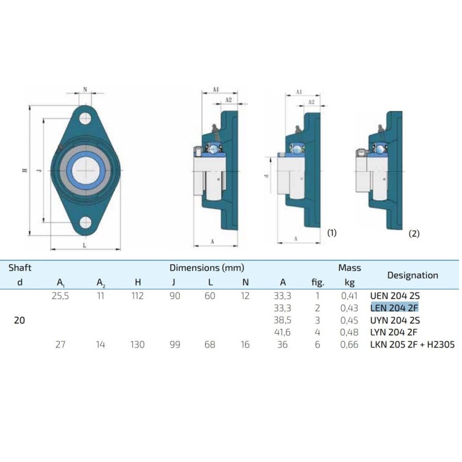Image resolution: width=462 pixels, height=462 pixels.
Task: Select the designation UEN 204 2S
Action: [x=395, y=296]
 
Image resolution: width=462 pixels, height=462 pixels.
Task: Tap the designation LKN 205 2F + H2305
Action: [x=412, y=345]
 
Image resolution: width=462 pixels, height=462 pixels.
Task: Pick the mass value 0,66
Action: [x=349, y=345]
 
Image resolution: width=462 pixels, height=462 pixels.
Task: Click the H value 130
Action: [x=137, y=345]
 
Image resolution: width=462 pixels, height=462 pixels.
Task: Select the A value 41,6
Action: [x=282, y=333]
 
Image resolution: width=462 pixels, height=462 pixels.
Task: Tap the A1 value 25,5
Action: [x=61, y=296]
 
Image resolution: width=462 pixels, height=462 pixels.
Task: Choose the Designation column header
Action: [x=412, y=275]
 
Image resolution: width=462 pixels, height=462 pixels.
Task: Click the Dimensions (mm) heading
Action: [x=207, y=268]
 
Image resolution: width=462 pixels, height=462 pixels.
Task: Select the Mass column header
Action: [x=349, y=268]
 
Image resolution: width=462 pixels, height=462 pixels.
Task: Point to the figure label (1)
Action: [x=332, y=233]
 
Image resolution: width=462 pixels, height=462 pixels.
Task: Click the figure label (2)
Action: [x=414, y=233]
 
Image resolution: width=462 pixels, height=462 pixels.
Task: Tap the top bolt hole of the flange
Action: [x=85, y=119]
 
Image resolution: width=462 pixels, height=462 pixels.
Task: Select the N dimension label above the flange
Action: [x=84, y=89]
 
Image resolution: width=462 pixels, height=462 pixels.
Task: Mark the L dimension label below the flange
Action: [x=84, y=246]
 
